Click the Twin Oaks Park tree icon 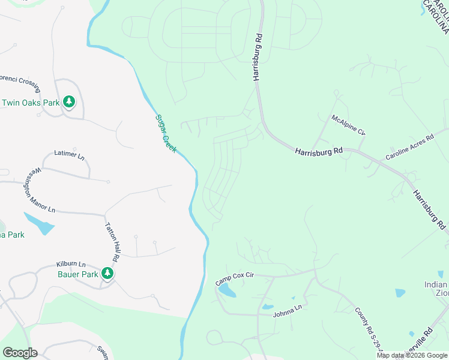click(x=70, y=102)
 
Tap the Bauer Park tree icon click(x=107, y=274)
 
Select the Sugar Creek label click(x=166, y=133)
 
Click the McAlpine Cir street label click(x=348, y=124)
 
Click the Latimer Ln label click(x=70, y=154)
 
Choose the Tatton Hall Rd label click(x=112, y=240)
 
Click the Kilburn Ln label click(x=71, y=264)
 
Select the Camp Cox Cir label click(x=235, y=278)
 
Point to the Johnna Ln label click(x=287, y=311)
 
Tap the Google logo click(x=20, y=353)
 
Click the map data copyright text click(x=412, y=355)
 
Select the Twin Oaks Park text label click(x=31, y=103)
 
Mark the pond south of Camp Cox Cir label click(x=227, y=292)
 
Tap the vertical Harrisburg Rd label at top click(x=258, y=57)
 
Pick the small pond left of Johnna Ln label click(x=267, y=307)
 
